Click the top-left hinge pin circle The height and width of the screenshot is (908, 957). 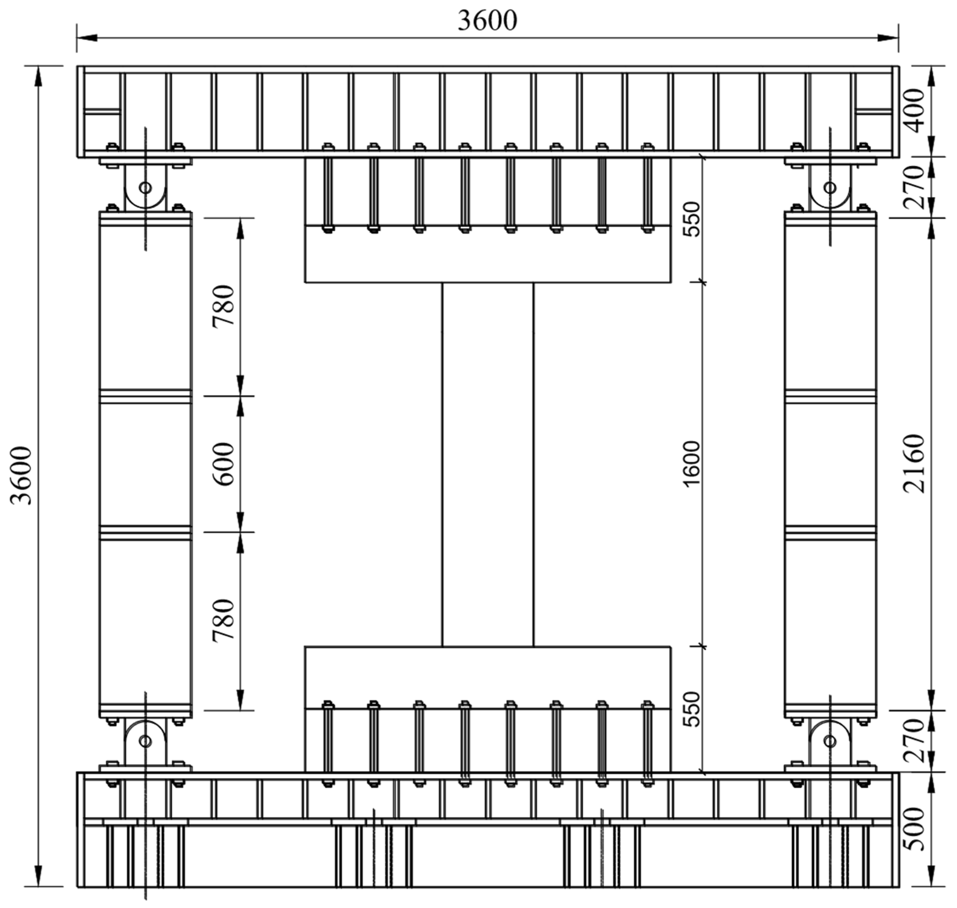pos(145,187)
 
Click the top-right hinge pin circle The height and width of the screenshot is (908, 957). pos(830,187)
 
